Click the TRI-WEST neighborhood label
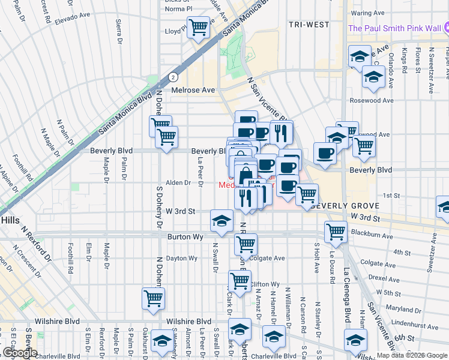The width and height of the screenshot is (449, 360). pyautogui.click(x=309, y=25)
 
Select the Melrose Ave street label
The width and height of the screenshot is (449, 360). pyautogui.click(x=193, y=90)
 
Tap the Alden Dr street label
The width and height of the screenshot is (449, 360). pyautogui.click(x=178, y=182)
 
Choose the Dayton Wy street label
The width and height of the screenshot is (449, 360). pyautogui.click(x=181, y=259)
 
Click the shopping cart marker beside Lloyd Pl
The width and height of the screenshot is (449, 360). pyautogui.click(x=197, y=28)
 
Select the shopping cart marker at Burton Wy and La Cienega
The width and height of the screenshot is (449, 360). pyautogui.click(x=336, y=232)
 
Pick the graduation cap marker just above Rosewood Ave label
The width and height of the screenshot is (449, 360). pyautogui.click(x=373, y=77)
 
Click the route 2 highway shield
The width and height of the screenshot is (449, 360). pyautogui.click(x=173, y=77)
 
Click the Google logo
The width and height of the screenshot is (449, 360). pyautogui.click(x=19, y=353)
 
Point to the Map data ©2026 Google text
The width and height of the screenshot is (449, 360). pyautogui.click(x=412, y=355)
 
